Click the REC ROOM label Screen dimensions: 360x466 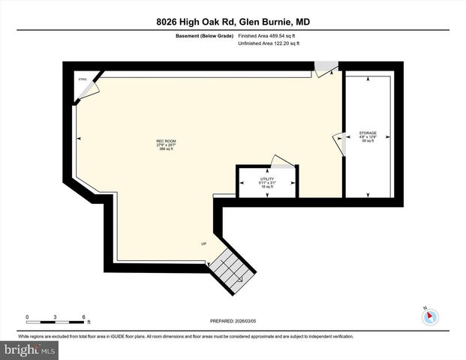[166, 141]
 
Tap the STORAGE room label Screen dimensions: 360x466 [368, 133]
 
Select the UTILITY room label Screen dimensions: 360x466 [257, 178]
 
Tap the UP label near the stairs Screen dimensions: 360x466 [203, 244]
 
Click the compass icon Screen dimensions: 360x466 [430, 316]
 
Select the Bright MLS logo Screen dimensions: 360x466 [29, 349]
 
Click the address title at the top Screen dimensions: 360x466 [233, 22]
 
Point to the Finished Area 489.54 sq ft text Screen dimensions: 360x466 [269, 35]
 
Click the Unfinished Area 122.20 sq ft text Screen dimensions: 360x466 [269, 44]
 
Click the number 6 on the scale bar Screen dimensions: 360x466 [83, 316]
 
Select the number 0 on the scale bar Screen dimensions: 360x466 [26, 316]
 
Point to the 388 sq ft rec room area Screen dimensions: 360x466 [166, 150]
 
